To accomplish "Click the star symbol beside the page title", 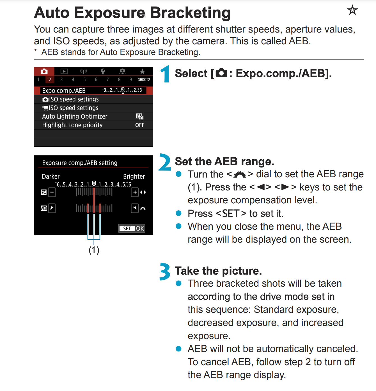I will [352, 10].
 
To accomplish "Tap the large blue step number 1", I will [165, 74].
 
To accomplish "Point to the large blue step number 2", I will [165, 162].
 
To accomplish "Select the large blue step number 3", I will [165, 272].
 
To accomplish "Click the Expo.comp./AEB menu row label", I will [64, 91].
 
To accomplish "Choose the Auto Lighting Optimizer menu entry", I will [75, 116].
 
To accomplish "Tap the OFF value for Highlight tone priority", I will [140, 125].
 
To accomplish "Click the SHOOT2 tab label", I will [144, 80].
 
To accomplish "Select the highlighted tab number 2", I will [50, 80].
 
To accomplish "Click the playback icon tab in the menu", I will [64, 72].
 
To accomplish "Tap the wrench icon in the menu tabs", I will [103, 72].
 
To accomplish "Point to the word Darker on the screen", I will [51, 176].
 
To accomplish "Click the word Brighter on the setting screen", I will [134, 176].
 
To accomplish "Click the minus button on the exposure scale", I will [52, 192].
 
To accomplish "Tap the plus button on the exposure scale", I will [135, 192].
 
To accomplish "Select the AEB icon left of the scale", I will [44, 208].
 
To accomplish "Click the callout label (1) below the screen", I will [94, 250].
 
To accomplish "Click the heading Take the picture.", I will [218, 271].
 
